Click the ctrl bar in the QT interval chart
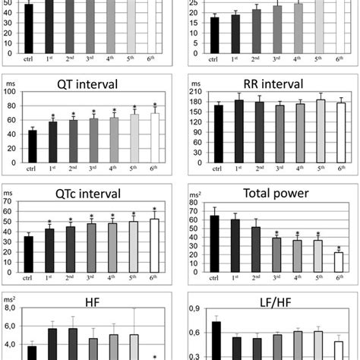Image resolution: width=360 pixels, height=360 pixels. click(33, 147)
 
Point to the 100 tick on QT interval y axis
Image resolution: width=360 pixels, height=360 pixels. click(11, 93)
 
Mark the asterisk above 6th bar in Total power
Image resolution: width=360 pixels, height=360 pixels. click(338, 248)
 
